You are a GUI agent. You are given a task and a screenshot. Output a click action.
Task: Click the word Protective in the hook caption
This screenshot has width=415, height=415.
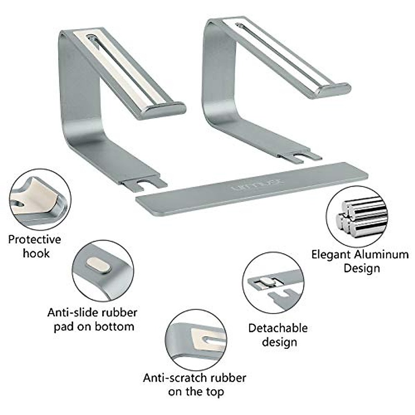[x=35, y=239]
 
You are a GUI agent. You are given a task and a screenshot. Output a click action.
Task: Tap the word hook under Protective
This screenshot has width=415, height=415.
[x=36, y=253]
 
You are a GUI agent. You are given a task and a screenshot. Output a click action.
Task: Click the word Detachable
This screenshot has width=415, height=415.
[x=278, y=328]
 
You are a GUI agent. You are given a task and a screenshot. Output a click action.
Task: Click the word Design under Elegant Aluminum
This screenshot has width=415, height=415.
[x=362, y=268]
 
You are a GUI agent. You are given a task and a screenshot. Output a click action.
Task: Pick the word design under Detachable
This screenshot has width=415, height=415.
[x=279, y=342]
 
